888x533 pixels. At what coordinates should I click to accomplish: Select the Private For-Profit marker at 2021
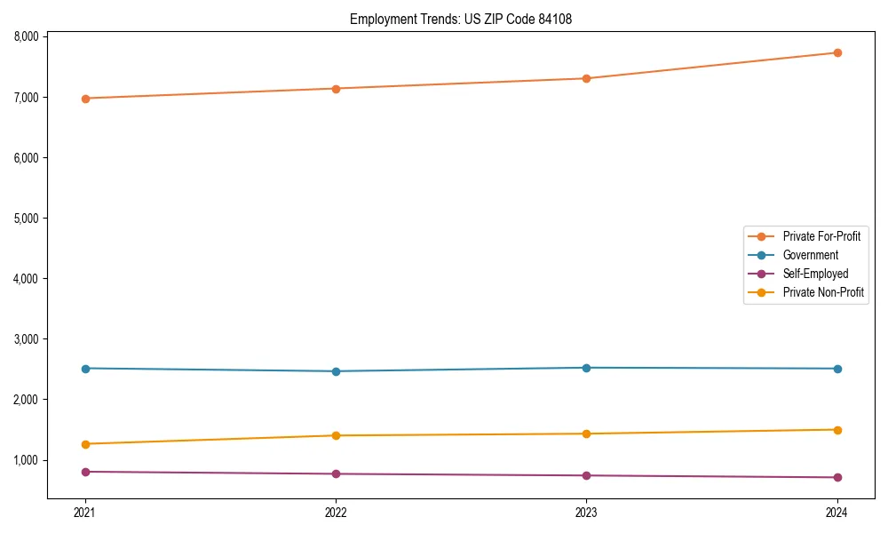(85, 99)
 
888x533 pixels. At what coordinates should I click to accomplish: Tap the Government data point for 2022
(336, 371)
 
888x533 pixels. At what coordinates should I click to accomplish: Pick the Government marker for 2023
(586, 368)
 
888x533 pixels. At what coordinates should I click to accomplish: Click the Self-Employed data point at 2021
(85, 472)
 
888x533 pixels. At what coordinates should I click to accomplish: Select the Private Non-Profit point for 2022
(336, 435)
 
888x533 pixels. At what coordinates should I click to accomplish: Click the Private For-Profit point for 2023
(586, 78)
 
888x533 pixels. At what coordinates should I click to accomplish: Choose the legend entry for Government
(810, 255)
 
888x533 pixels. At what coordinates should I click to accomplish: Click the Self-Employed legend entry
(815, 274)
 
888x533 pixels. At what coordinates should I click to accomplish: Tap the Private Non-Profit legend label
(823, 292)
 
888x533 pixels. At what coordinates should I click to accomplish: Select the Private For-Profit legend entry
(821, 236)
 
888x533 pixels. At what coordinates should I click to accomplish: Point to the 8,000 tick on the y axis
(27, 36)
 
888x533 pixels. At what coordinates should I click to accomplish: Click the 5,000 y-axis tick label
(27, 219)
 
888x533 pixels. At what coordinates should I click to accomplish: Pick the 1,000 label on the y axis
(27, 460)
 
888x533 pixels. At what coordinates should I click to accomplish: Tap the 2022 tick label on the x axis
(336, 512)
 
